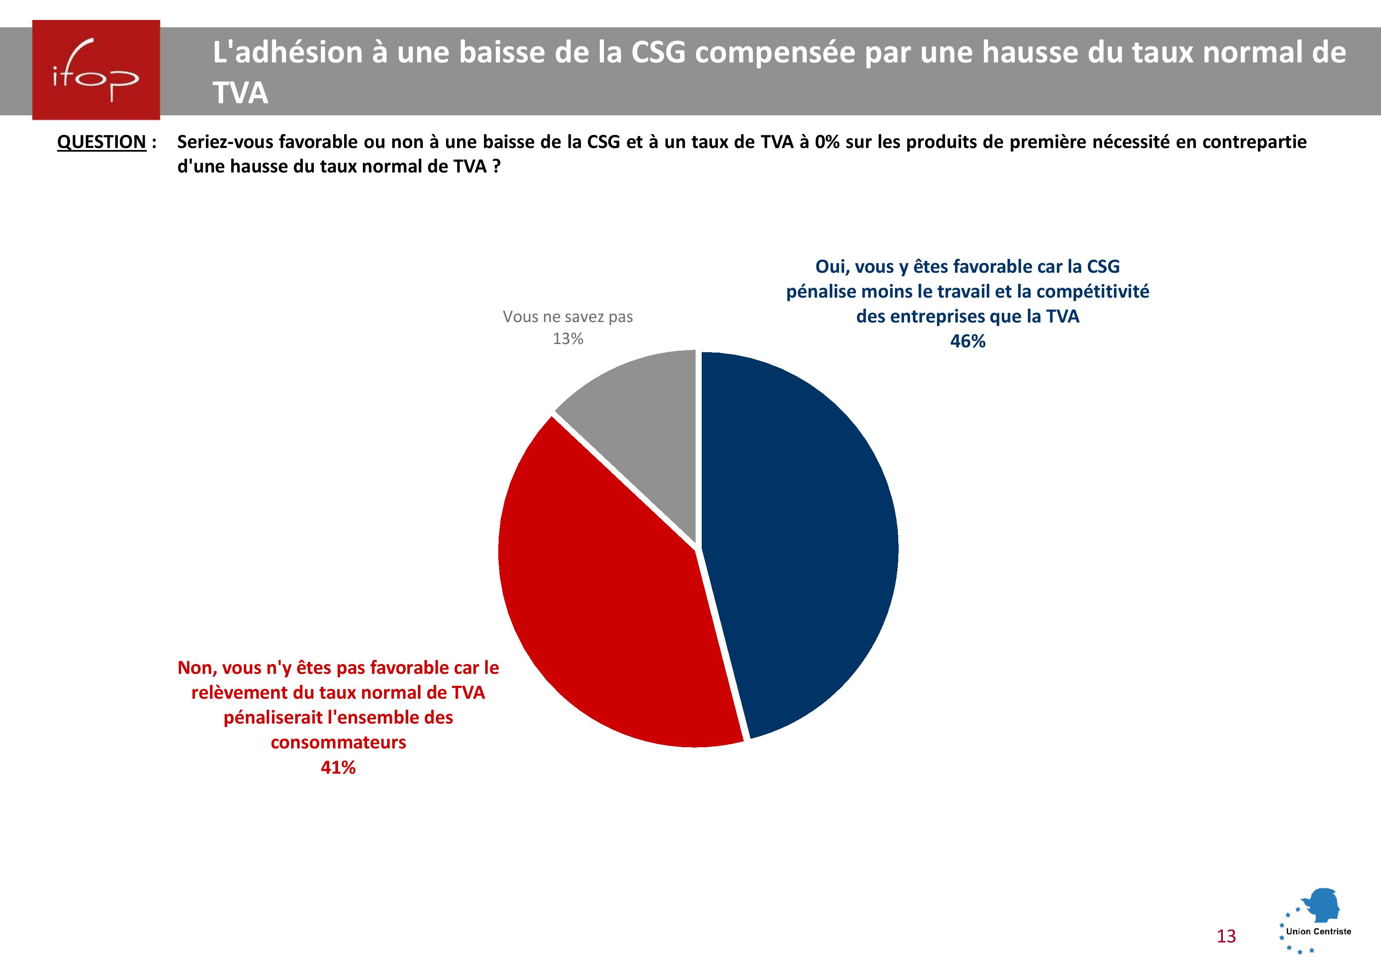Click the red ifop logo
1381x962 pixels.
coord(96,70)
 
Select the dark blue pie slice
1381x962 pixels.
coord(800,541)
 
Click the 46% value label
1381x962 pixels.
coord(967,342)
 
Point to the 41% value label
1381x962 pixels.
coord(338,768)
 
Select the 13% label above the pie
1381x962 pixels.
coord(568,339)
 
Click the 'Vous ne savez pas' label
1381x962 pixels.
coord(568,317)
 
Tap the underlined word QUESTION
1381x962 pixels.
coord(102,143)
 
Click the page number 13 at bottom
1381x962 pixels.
coord(1226,936)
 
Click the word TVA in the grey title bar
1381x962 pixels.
coord(240,93)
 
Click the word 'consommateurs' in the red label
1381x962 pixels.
coord(338,743)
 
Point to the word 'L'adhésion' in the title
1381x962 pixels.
coord(287,52)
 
